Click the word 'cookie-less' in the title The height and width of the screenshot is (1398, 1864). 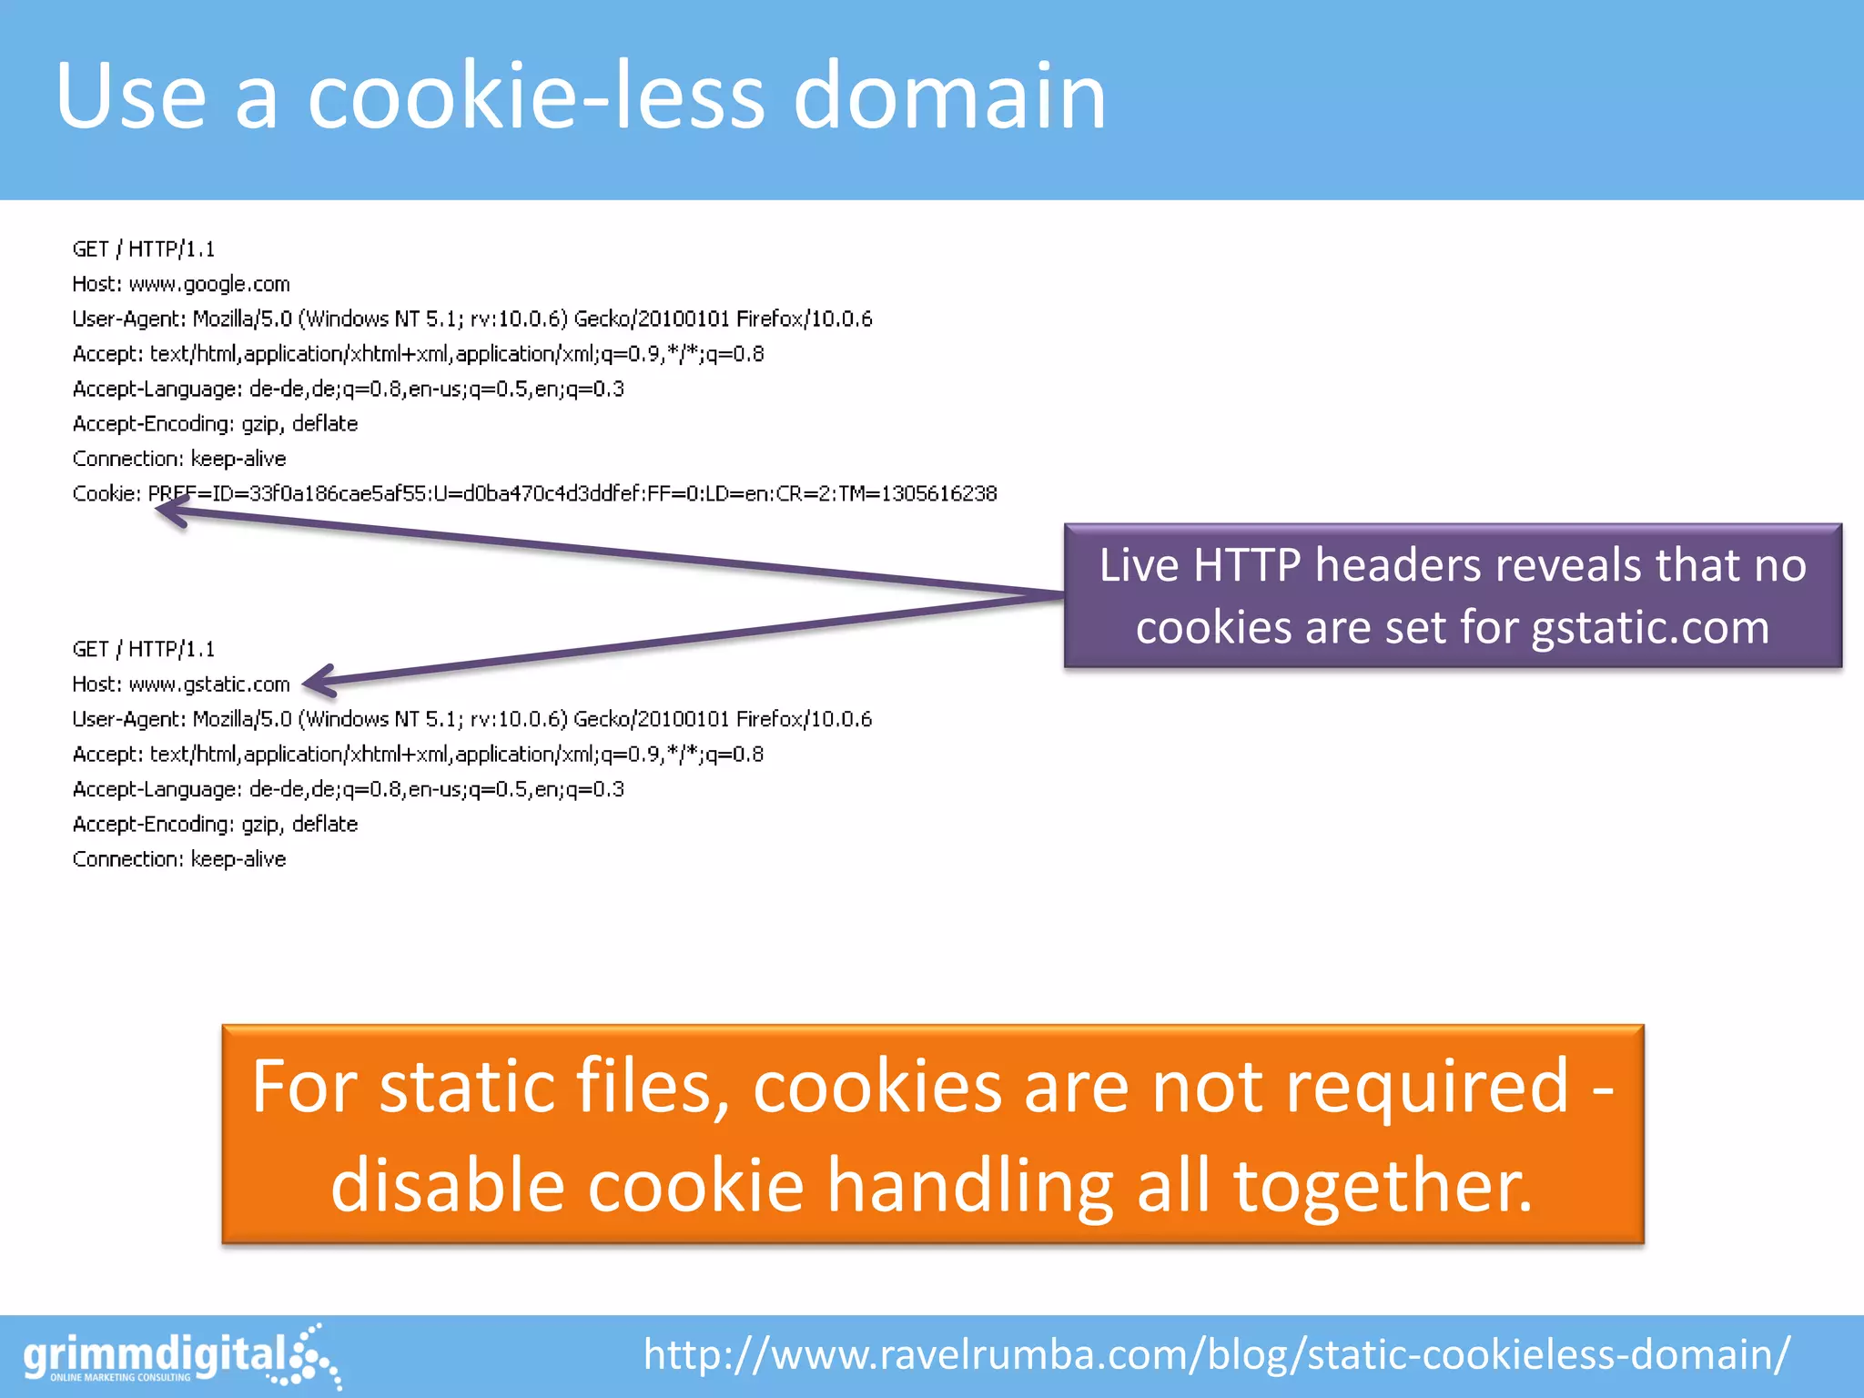pos(536,96)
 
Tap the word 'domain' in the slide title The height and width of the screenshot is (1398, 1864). pos(949,96)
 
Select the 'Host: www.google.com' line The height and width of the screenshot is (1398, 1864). pos(181,284)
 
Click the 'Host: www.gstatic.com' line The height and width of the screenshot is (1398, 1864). pos(181,684)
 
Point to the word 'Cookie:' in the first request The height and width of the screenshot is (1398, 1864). pos(106,493)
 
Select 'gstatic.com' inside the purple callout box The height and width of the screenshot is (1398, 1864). pos(1650,628)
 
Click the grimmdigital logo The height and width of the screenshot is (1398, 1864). pos(181,1357)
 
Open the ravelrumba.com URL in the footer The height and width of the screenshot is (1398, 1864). pos(1217,1354)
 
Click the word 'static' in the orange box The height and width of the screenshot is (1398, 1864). pos(467,1087)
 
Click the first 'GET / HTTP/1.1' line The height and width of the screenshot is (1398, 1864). pos(144,249)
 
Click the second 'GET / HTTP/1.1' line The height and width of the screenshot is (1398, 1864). pos(144,650)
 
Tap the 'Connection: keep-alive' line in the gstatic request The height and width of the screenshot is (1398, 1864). pos(179,859)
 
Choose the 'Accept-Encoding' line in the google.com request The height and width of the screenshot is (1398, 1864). pos(215,424)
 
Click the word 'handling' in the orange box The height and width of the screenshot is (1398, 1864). pos(970,1186)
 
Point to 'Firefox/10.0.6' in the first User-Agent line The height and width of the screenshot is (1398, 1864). pos(804,319)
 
